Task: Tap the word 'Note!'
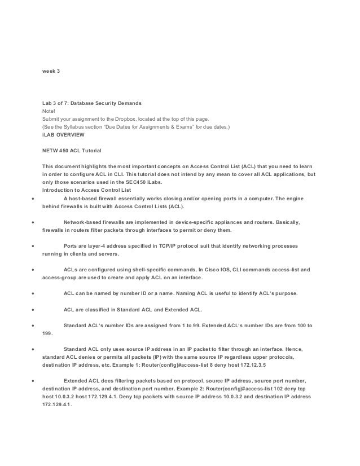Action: coord(50,112)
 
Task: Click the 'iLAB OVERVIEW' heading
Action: coord(63,135)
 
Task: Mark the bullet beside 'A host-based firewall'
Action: coord(34,199)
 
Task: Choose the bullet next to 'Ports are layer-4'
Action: coord(34,247)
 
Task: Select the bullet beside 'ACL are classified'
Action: coord(34,310)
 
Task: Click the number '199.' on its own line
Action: coord(47,334)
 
